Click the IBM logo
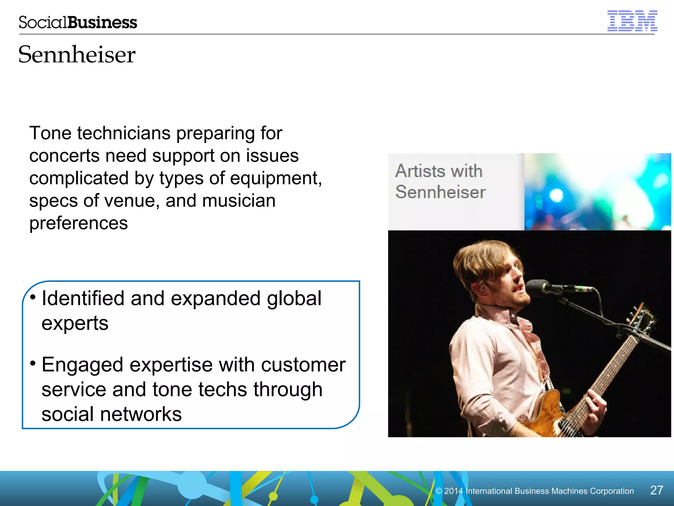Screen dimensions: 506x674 pos(632,21)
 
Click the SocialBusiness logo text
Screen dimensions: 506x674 pos(78,22)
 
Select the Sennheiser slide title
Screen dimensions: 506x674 pos(77,54)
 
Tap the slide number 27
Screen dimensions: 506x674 pos(657,490)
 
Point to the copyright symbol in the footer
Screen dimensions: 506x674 pos(439,491)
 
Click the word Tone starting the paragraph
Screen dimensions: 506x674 pos(50,133)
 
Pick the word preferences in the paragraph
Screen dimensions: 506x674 pos(78,223)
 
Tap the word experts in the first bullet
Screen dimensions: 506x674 pos(75,323)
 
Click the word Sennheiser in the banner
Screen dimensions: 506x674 pos(440,192)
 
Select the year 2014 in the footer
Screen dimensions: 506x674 pos(454,491)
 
